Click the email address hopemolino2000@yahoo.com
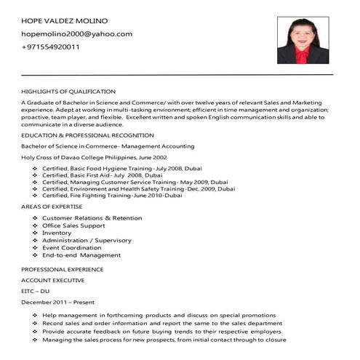pos(76,33)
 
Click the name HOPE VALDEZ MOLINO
pos(64,20)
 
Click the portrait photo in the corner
pos(303,40)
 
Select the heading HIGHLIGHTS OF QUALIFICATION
pos(68,92)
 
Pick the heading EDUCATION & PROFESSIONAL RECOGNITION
pos(87,135)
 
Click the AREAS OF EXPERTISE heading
pos(52,207)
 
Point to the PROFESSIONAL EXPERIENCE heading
pos(63,269)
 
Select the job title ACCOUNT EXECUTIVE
pos(53,280)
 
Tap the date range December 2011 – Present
pos(58,302)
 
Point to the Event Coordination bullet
pos(71,247)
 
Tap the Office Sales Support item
pos(73,225)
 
